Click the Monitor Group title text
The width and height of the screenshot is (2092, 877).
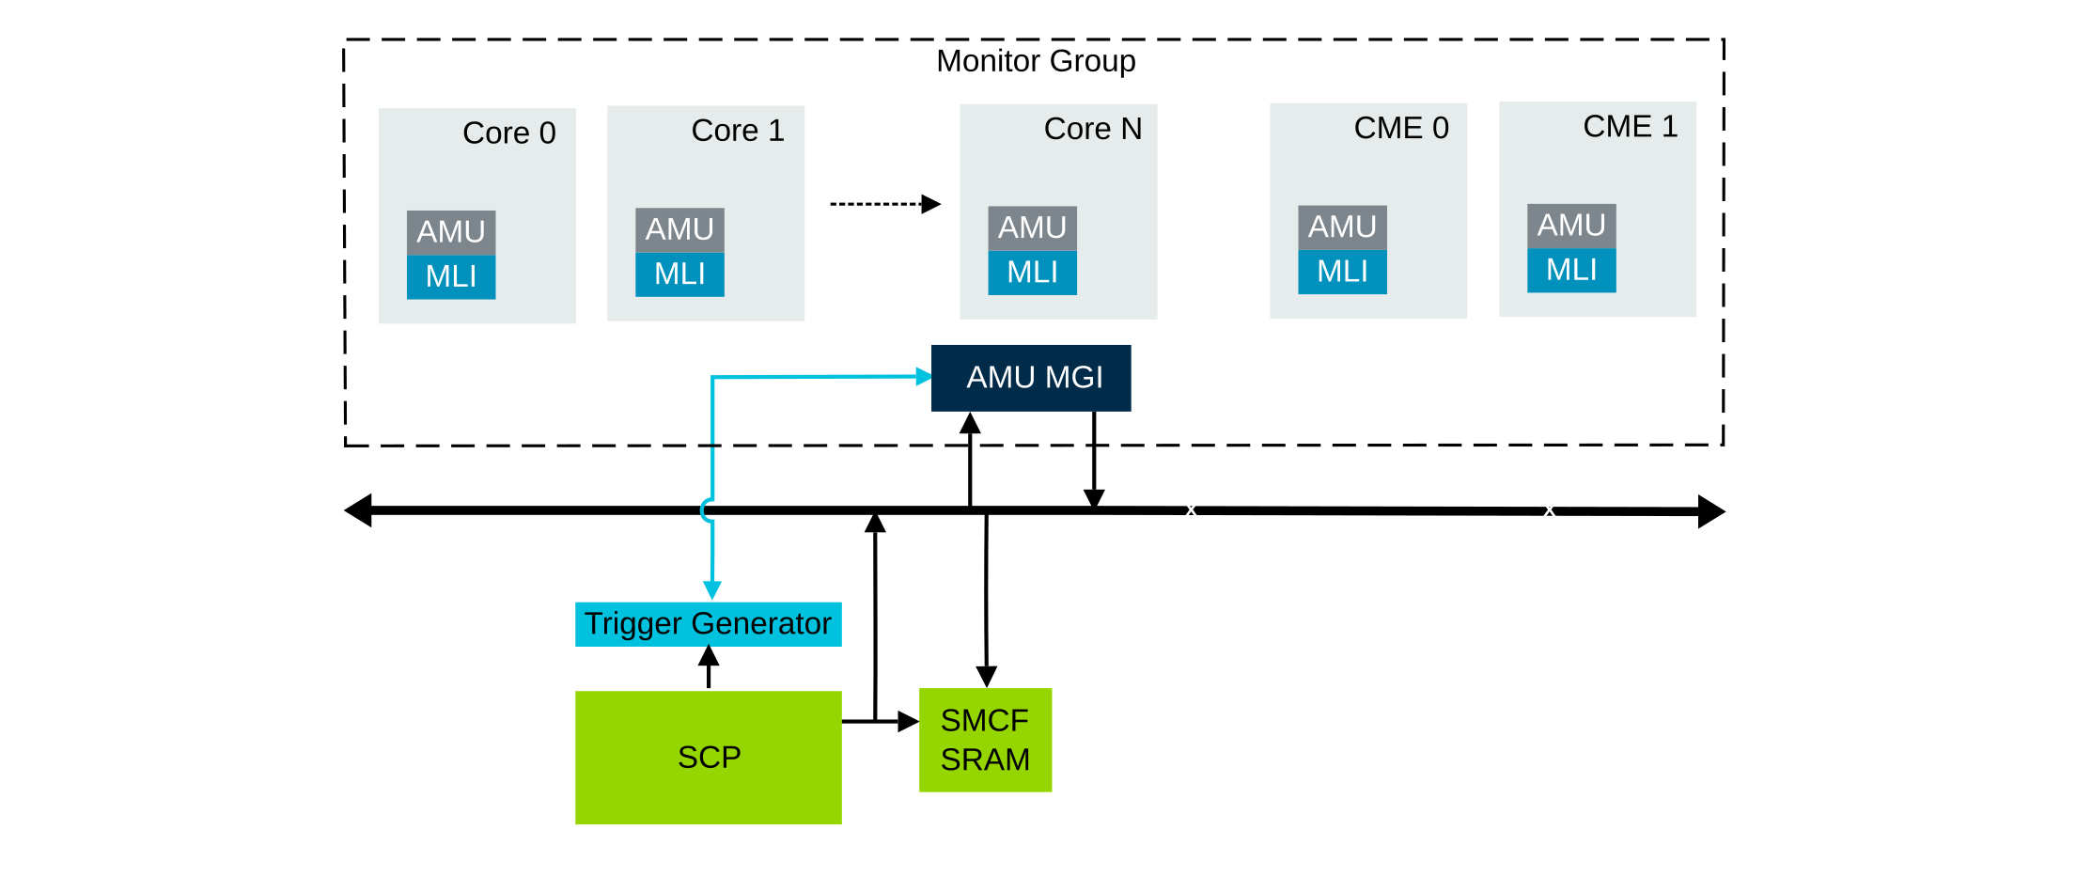[x=1036, y=61]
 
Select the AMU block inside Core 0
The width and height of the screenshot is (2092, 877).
[x=451, y=232]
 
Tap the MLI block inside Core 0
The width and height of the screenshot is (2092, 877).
[x=451, y=276]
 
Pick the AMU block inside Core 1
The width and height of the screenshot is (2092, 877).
[x=679, y=229]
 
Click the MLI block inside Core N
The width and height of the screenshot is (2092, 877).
[x=1032, y=273]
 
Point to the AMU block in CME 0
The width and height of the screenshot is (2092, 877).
[x=1342, y=227]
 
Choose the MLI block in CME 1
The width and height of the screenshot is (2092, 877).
[x=1571, y=270]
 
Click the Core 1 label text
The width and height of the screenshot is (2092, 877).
[x=738, y=131]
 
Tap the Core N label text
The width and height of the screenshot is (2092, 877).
[x=1092, y=129]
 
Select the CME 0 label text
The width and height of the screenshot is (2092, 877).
[x=1400, y=128]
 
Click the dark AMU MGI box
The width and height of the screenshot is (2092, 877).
[x=1031, y=378]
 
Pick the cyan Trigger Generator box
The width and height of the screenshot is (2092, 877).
[x=708, y=624]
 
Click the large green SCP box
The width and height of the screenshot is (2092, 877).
[x=708, y=758]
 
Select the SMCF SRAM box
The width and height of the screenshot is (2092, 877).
[x=985, y=740]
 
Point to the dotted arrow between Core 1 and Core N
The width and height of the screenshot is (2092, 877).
[x=884, y=204]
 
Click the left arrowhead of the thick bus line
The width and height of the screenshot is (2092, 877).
[x=358, y=510]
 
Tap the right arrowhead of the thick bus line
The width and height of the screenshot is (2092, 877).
[x=1711, y=511]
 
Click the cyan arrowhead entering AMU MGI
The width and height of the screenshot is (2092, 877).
[x=923, y=377]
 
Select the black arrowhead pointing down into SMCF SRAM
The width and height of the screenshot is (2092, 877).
[x=986, y=677]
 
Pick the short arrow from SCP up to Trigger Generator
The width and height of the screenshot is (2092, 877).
[x=709, y=667]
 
